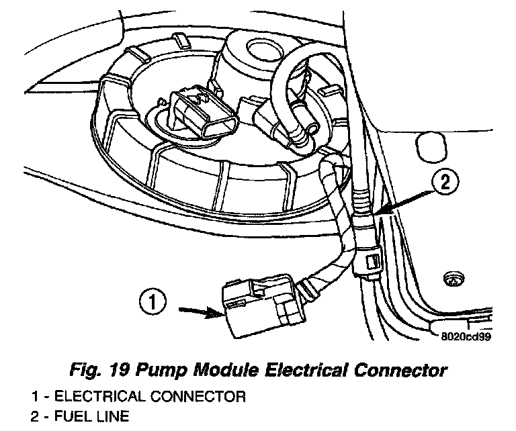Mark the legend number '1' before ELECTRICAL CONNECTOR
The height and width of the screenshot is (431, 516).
[34, 396]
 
